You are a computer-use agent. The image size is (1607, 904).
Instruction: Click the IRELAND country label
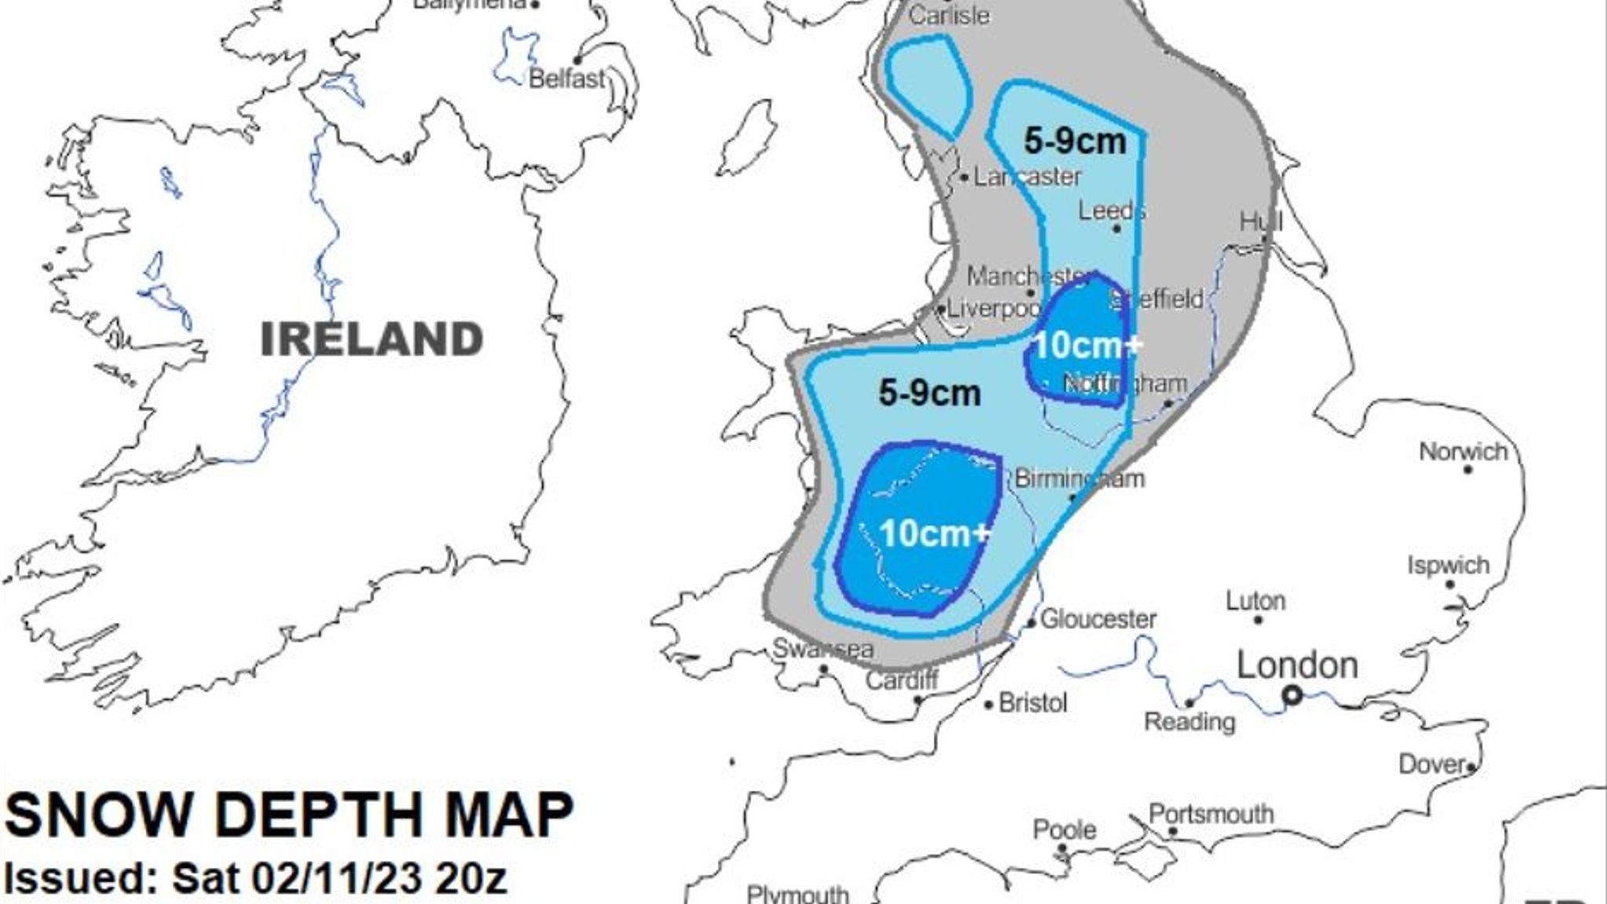[371, 339]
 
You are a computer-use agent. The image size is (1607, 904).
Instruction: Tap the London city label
[1297, 665]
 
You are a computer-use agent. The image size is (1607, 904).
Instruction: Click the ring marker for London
[1292, 695]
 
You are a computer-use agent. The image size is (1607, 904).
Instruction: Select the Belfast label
[567, 78]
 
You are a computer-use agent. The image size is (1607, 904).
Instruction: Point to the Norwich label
[1463, 452]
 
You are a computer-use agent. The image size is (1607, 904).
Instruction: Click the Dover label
[1432, 764]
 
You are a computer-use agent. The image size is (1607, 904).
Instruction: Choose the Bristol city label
[1033, 702]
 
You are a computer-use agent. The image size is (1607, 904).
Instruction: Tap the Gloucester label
[1099, 619]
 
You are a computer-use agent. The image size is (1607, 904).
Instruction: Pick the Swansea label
[823, 649]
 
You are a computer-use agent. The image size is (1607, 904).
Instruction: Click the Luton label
[1255, 601]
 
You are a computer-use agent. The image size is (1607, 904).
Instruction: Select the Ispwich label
[1448, 565]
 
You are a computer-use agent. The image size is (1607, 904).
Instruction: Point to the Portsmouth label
[1211, 815]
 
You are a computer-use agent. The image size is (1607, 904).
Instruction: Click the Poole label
[1064, 829]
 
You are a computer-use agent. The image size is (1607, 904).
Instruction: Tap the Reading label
[1190, 721]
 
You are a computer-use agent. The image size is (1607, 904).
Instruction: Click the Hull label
[1261, 221]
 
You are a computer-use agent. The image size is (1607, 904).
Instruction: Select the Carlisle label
[949, 15]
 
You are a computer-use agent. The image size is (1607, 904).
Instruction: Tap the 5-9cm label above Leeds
[1075, 141]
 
